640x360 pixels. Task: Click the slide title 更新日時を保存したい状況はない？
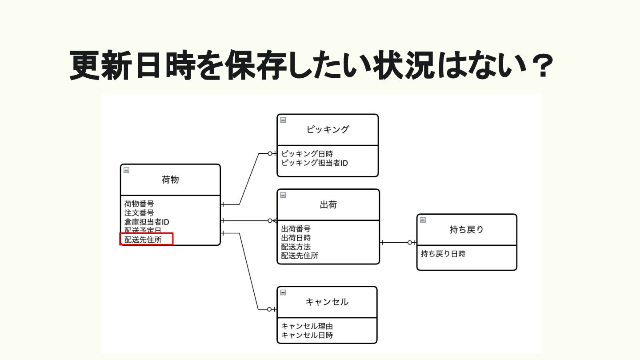pos(311,65)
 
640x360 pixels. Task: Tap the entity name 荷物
pos(170,180)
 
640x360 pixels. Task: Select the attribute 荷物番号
pos(139,204)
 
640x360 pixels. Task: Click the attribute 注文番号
pos(139,213)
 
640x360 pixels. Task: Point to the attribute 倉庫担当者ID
pos(147,222)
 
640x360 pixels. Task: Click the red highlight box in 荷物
pos(146,239)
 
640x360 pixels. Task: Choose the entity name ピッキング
pos(328,130)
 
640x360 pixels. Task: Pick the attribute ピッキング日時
pos(307,154)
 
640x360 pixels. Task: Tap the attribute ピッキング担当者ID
pos(315,163)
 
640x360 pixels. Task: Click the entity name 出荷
pos(328,205)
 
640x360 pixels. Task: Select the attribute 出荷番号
pos(296,229)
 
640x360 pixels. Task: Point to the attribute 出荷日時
pos(296,238)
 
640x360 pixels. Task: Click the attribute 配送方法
pos(296,247)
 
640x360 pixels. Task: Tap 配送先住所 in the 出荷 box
pos(300,256)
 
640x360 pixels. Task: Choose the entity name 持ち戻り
pos(466,230)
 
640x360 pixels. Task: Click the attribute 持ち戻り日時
pos(443,254)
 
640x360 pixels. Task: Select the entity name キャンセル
pos(327,302)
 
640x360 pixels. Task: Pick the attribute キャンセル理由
pos(307,326)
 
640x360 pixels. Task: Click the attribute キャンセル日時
pos(307,335)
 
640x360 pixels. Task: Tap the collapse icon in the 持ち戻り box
pos(423,220)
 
